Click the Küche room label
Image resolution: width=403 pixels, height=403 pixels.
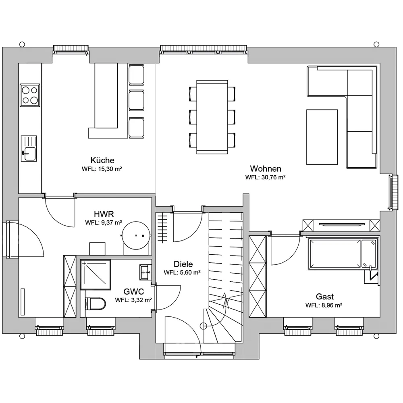102,160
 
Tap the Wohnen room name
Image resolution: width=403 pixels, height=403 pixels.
266,168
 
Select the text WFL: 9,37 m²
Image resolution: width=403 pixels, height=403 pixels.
104,222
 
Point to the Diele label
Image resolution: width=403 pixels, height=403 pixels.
183,264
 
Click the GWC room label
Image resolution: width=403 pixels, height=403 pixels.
134,291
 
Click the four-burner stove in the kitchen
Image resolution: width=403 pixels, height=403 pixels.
30,95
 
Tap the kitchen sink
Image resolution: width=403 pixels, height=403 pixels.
29,149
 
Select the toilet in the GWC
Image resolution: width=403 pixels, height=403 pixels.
95,304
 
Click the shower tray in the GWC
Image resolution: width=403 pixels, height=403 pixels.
96,274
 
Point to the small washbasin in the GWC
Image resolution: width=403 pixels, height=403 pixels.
145,272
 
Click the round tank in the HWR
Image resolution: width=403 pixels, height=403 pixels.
136,235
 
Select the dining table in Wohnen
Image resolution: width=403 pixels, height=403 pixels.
212,117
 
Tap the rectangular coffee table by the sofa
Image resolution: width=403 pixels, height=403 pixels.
322,137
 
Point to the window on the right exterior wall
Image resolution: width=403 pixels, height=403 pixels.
393,192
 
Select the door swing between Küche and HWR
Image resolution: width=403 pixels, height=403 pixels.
60,212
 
